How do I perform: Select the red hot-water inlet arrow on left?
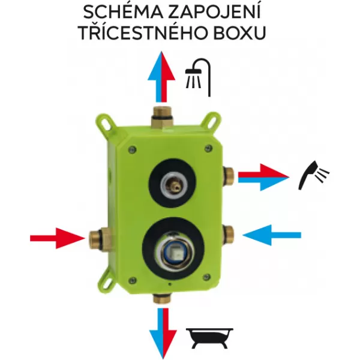[x=57, y=238]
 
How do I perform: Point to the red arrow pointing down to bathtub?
[x=170, y=333]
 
